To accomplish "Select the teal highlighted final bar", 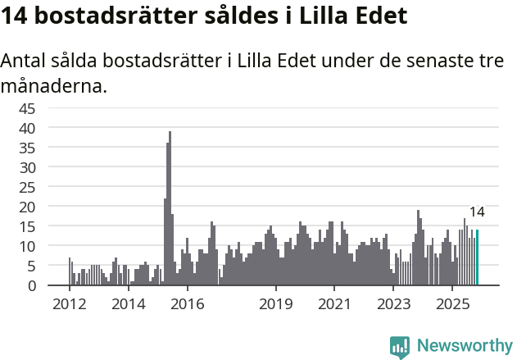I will pyautogui.click(x=478, y=257).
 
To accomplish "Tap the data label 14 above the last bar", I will pyautogui.click(x=477, y=212).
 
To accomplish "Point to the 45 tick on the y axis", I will pyautogui.click(x=50, y=108).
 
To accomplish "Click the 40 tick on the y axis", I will pyautogui.click(x=50, y=128).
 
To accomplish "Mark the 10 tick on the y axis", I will pyautogui.click(x=50, y=246).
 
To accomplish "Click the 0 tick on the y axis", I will pyautogui.click(x=54, y=285).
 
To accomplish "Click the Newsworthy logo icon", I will pyautogui.click(x=400, y=347).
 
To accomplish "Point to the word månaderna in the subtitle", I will pyautogui.click(x=54, y=85).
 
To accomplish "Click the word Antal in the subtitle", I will pyautogui.click(x=23, y=62).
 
